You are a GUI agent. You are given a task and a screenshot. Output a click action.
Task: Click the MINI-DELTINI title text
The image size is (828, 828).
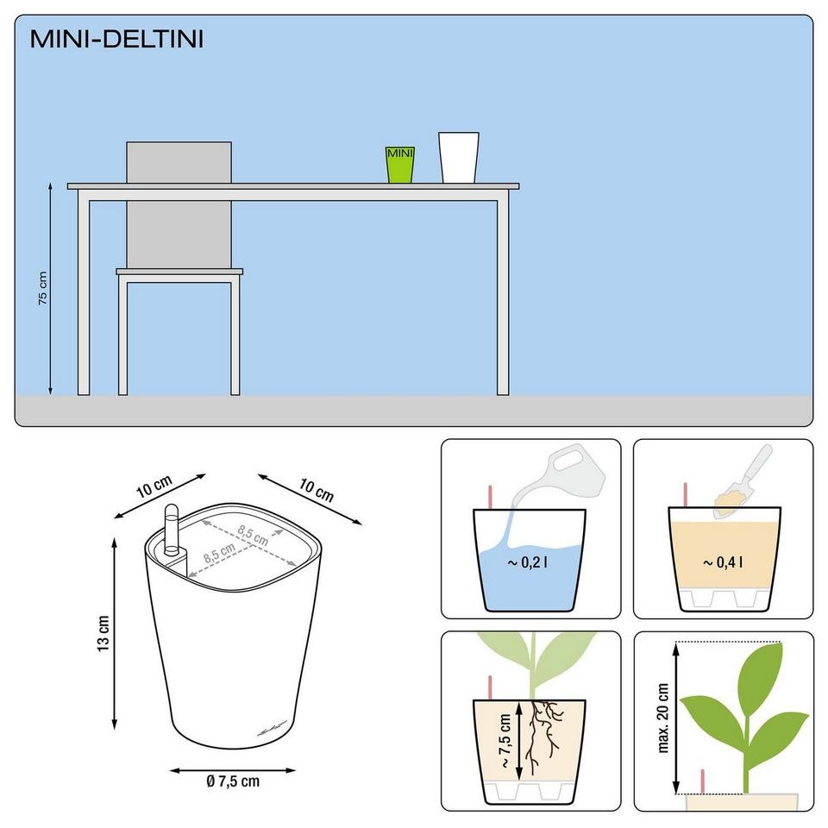[x=116, y=39]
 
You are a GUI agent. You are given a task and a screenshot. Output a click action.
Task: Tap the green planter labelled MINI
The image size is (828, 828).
[x=399, y=165]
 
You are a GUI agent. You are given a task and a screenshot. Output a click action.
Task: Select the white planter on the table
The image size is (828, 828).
[x=458, y=157]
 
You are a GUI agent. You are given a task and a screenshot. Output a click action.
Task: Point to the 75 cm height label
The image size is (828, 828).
[x=43, y=288]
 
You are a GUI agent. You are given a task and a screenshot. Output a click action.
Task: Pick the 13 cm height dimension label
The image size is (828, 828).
[x=103, y=633]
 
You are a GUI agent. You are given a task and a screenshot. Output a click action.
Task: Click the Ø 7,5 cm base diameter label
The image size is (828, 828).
[x=233, y=781]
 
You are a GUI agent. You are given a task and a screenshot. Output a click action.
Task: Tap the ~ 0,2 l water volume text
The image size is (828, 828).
[x=527, y=562]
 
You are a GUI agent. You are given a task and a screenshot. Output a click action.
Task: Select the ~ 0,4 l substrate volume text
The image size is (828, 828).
[x=723, y=562]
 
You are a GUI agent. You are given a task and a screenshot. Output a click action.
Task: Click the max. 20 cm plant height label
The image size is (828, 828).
[x=663, y=718]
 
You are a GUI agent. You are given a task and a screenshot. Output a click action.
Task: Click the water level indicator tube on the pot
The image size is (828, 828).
[x=172, y=530]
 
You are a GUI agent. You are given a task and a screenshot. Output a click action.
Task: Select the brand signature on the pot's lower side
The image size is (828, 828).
[x=273, y=728]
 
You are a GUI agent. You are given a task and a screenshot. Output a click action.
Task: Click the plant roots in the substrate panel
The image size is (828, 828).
[x=543, y=735]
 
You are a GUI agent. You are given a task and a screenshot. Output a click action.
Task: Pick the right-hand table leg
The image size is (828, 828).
[x=503, y=298]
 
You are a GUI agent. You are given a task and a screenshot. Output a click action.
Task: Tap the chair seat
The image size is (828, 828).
[x=179, y=272]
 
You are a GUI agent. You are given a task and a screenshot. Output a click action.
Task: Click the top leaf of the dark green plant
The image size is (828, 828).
[x=759, y=667]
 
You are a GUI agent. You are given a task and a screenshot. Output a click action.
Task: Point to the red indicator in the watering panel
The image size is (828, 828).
[x=490, y=497]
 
